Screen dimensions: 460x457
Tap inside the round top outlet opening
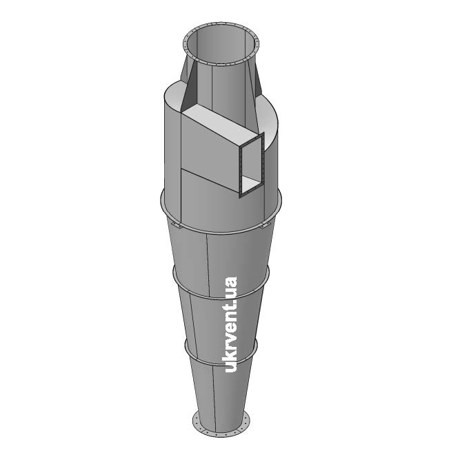[221, 44]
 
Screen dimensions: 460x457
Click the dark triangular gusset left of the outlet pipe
[187, 88]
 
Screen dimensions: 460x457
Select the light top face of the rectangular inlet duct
[223, 123]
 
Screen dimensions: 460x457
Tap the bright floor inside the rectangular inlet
[251, 184]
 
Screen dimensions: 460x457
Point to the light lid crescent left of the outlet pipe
[172, 94]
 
